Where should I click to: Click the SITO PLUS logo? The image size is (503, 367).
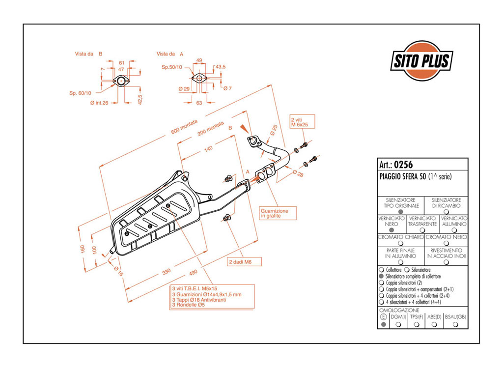click(x=422, y=60)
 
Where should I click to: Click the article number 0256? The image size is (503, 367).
click(x=403, y=165)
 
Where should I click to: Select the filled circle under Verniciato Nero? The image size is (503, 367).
click(x=391, y=230)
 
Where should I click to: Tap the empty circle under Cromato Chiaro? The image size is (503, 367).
click(x=400, y=244)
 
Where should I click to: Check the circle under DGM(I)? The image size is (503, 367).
click(x=398, y=325)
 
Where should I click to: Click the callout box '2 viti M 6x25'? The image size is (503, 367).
click(x=302, y=122)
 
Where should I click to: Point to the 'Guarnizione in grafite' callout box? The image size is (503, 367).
click(x=278, y=213)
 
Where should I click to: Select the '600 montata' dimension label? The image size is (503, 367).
click(x=184, y=127)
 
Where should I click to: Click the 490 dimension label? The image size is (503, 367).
click(x=193, y=273)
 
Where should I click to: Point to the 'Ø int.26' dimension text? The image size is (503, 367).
click(x=99, y=103)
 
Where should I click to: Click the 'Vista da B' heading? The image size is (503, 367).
click(x=88, y=54)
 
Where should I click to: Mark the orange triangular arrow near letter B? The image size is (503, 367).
click(x=245, y=129)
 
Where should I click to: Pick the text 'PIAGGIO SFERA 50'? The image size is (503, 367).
click(x=403, y=176)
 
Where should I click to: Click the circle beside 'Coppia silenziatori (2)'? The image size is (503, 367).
click(x=381, y=282)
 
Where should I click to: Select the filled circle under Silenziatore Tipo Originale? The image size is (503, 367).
click(x=400, y=212)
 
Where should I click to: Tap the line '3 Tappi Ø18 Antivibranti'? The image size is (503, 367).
click(x=199, y=300)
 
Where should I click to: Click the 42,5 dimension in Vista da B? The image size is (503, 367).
click(x=140, y=99)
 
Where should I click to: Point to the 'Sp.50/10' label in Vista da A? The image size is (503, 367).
click(x=171, y=67)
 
